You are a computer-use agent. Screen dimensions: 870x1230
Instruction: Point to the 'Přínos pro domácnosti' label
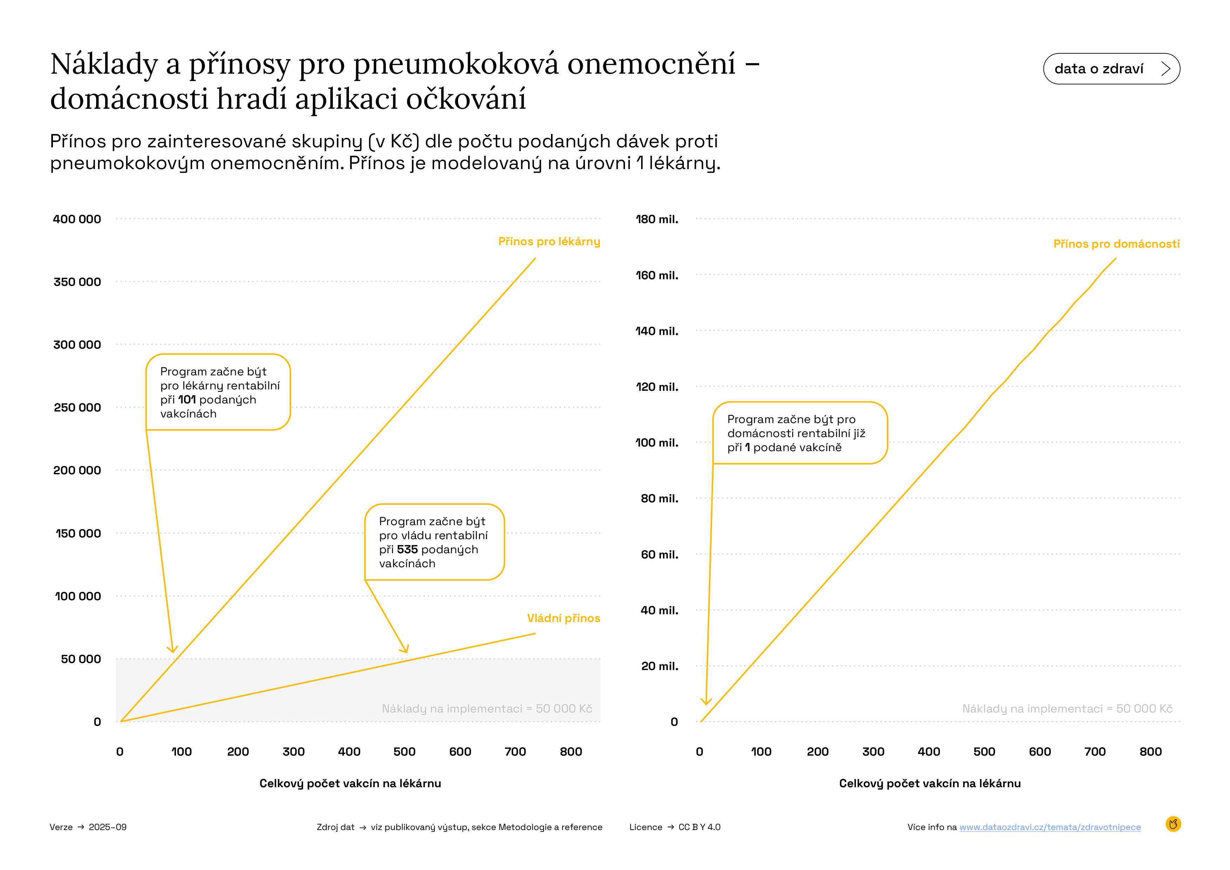1116,244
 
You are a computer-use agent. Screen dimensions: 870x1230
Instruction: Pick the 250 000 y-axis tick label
77,408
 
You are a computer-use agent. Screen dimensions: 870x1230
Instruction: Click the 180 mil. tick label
657,219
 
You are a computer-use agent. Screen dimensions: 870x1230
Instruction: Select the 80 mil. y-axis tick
659,499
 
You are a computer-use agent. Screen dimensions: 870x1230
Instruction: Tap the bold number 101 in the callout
187,400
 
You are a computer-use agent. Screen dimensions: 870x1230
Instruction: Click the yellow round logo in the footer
1173,824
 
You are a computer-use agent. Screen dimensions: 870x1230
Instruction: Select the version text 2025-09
108,827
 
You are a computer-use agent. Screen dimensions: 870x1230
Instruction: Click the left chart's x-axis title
350,783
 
